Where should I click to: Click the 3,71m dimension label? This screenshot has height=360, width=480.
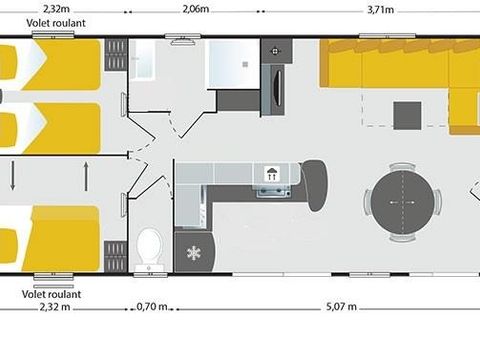click(380, 10)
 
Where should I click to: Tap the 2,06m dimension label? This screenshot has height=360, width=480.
click(196, 9)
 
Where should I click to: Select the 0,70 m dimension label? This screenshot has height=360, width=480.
click(152, 306)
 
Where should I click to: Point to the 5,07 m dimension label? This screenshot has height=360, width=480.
click(341, 306)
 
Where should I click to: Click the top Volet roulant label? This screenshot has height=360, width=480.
click(56, 23)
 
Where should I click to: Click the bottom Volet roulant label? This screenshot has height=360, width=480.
click(51, 294)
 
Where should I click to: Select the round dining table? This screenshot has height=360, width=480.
click(403, 202)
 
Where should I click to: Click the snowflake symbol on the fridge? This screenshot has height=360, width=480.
click(193, 253)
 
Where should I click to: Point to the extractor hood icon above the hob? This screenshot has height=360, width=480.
click(272, 174)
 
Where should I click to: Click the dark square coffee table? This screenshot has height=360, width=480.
click(407, 116)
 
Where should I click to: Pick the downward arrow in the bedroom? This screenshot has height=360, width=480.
click(13, 175)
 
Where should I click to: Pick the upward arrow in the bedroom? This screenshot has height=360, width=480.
click(86, 176)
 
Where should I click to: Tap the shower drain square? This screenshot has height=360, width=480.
click(245, 64)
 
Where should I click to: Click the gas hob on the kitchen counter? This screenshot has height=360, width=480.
click(273, 192)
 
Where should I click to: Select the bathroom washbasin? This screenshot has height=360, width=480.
click(142, 60)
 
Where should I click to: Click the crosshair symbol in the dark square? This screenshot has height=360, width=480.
click(275, 51)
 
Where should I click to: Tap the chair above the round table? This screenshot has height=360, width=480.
click(403, 166)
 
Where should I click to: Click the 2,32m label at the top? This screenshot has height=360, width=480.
click(56, 9)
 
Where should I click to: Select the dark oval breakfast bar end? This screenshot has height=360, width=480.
click(315, 185)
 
